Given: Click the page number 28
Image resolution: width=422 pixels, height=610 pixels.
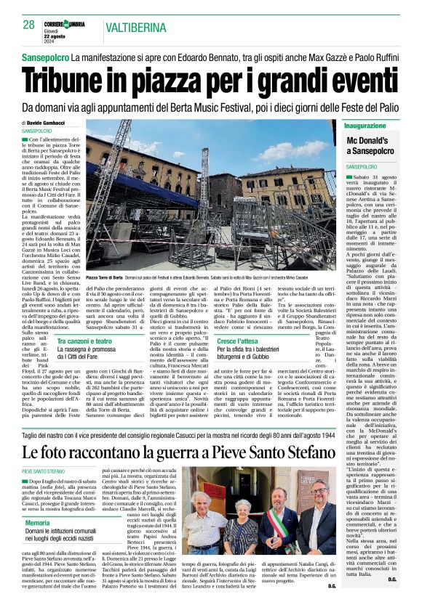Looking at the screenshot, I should (29, 25).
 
